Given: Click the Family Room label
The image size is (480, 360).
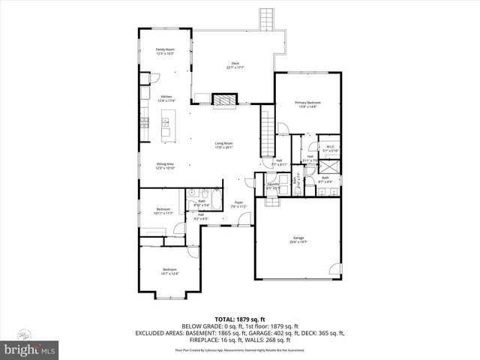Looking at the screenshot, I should pos(164,51).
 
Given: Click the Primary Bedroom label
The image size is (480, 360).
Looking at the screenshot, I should pos(307,104).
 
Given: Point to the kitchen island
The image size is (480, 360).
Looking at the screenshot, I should pos(166,126).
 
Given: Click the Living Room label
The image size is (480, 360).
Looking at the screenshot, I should pos(223,145).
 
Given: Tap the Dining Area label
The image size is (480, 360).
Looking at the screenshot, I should pos(165,166).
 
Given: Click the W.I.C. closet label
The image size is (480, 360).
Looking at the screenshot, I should pos(330,148).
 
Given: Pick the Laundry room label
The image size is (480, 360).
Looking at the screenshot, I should pos(273,185).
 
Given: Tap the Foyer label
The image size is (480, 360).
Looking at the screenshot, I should pos(238,205).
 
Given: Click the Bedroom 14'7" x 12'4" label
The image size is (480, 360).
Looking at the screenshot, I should pos(169,271).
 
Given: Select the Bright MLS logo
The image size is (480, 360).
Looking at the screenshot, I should pos(30,349).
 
